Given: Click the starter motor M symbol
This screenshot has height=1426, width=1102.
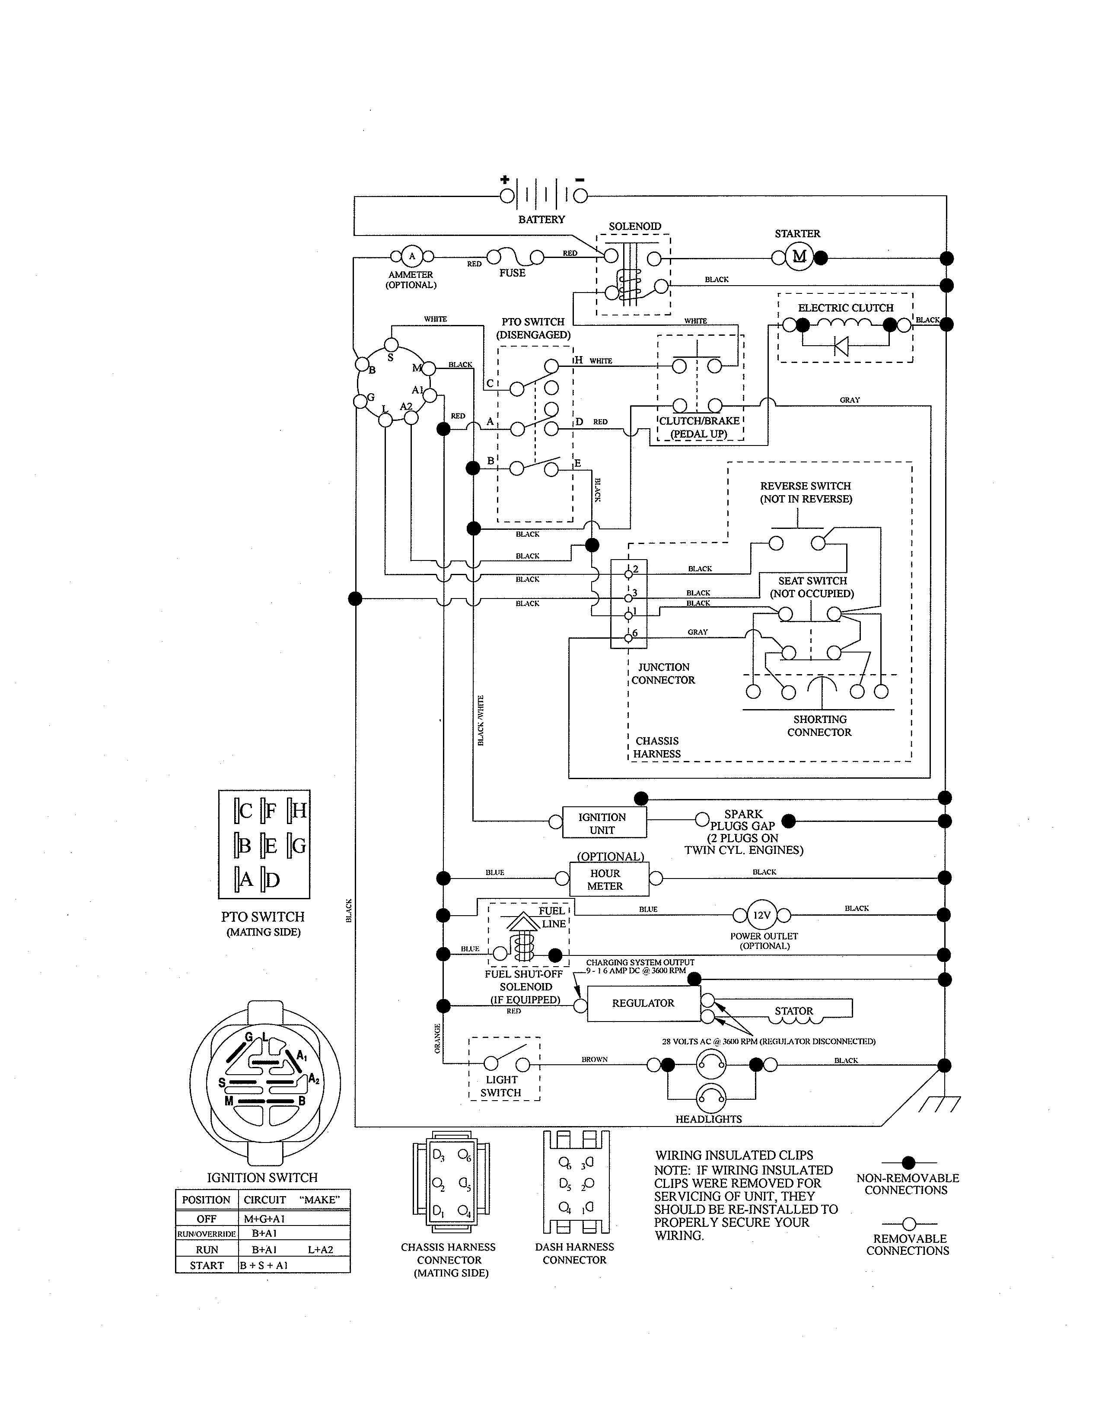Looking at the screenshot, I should (799, 257).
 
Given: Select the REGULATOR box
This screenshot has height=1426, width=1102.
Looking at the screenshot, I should (643, 1003).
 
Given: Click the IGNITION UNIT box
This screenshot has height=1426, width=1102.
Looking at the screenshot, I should (602, 823).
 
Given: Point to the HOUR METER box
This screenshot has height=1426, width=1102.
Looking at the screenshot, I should (605, 879).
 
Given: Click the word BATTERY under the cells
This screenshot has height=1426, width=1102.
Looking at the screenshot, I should (541, 220).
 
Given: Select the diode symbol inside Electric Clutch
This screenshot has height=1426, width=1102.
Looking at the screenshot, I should (841, 346).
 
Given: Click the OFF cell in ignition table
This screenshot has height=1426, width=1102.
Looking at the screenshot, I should (206, 1219).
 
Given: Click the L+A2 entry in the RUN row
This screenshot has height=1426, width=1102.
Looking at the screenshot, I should (320, 1250).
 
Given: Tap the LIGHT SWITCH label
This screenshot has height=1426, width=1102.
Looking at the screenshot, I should (501, 1086).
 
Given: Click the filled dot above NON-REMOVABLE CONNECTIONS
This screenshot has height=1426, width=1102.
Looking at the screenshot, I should (908, 1162).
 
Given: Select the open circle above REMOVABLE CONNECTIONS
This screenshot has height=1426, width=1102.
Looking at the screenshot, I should (908, 1224).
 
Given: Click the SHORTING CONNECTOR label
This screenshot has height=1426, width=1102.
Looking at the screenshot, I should (819, 726).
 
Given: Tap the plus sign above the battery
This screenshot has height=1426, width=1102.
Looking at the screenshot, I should (504, 180).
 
